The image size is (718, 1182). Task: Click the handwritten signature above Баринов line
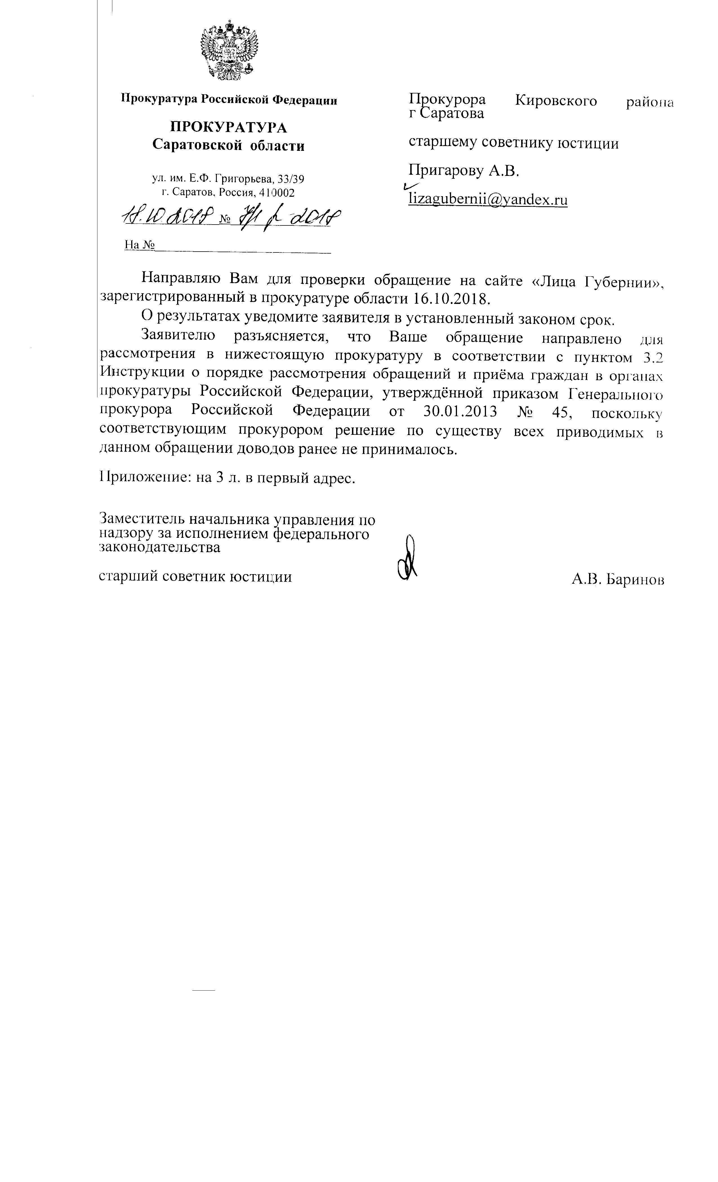pyautogui.click(x=407, y=559)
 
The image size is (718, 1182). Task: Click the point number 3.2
pyautogui.click(x=653, y=357)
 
